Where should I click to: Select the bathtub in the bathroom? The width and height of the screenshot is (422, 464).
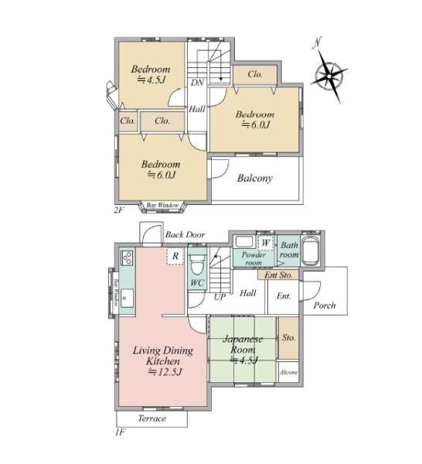pyautogui.click(x=310, y=250)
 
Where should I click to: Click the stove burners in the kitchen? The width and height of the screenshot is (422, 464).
pyautogui.click(x=128, y=258)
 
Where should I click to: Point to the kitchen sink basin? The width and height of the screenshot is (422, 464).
pyautogui.click(x=128, y=299)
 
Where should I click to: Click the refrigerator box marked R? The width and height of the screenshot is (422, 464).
pyautogui.click(x=175, y=256)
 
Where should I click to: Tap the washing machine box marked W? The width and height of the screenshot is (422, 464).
pyautogui.click(x=266, y=244)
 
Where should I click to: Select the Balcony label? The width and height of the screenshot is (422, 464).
pyautogui.click(x=255, y=179)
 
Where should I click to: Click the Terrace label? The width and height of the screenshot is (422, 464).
pyautogui.click(x=152, y=418)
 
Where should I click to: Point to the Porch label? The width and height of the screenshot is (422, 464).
pyautogui.click(x=325, y=305)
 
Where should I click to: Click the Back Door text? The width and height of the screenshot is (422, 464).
pyautogui.click(x=185, y=234)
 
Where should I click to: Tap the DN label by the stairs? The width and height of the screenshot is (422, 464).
pyautogui.click(x=197, y=83)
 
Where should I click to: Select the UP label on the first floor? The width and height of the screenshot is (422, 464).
pyautogui.click(x=220, y=297)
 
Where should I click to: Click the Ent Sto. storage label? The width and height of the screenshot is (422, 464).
pyautogui.click(x=278, y=275)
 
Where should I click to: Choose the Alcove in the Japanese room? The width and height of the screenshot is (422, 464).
pyautogui.click(x=288, y=372)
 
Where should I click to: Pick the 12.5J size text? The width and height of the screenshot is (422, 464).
pyautogui.click(x=165, y=372)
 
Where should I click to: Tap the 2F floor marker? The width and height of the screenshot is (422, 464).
pyautogui.click(x=119, y=210)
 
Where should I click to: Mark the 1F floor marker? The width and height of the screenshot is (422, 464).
pyautogui.click(x=120, y=432)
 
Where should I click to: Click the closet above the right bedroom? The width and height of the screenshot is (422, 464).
pyautogui.click(x=255, y=74)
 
